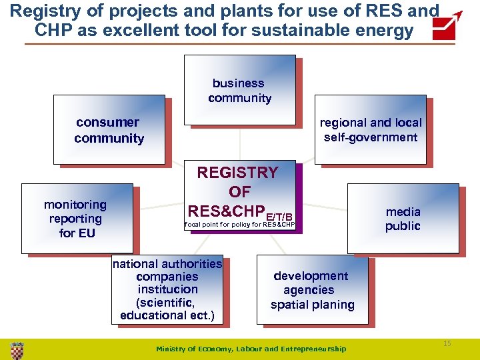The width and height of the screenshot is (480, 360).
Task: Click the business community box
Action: tap(239, 91)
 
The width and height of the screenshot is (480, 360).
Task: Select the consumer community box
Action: tap(109, 130)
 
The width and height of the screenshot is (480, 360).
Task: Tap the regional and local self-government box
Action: tap(370, 130)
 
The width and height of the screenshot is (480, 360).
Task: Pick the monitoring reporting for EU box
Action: tap(77, 219)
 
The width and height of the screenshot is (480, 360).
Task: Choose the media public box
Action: tap(403, 219)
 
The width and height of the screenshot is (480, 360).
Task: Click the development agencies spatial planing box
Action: tap(312, 290)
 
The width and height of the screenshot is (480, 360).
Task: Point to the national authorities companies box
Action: tap(167, 289)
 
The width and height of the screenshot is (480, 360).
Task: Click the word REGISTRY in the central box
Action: tap(237, 173)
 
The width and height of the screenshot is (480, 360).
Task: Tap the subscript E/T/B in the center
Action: tap(279, 216)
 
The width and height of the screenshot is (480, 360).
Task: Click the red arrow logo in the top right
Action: tap(447, 26)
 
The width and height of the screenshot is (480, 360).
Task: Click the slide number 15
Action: tap(447, 343)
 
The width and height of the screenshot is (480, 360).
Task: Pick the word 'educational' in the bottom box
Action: tap(154, 315)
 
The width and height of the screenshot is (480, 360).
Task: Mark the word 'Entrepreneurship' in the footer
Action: tap(314, 349)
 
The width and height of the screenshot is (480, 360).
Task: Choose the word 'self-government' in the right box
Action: tap(371, 137)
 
